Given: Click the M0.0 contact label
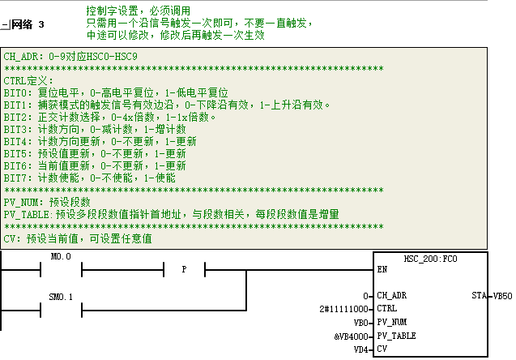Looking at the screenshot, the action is (x=61, y=256).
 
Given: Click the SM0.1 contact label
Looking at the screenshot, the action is (x=61, y=297).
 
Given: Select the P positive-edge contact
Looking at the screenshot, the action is (x=185, y=269).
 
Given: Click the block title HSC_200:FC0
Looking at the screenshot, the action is (x=430, y=259).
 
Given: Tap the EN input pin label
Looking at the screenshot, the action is (x=382, y=269).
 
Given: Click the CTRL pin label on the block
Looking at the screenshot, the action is (x=387, y=308).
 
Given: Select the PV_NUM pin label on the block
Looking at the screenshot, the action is (x=391, y=322).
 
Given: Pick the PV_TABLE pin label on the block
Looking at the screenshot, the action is (x=396, y=336).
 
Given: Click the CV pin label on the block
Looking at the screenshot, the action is (x=382, y=349).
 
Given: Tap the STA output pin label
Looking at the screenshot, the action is (x=479, y=295).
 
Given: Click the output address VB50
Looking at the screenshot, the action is (x=502, y=296).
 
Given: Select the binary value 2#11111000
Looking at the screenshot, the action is (x=343, y=309).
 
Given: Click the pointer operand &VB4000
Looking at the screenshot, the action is (x=351, y=336).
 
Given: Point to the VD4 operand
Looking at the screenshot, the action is (x=360, y=349).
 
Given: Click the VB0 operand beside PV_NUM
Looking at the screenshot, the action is (x=360, y=323).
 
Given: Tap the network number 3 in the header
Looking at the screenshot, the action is (x=41, y=24).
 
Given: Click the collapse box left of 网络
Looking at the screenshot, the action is (x=5, y=24).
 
